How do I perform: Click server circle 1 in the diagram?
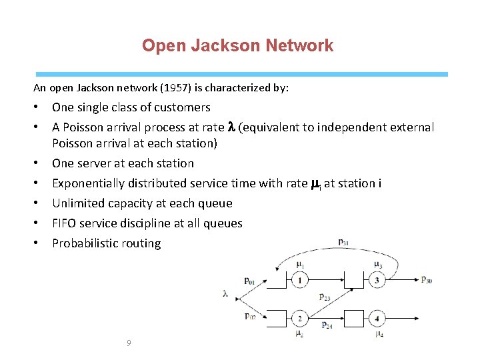tap(300, 281)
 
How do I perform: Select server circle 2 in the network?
tap(300, 318)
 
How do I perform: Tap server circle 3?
tap(377, 281)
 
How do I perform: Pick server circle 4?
tap(377, 318)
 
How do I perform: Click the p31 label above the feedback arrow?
tap(343, 242)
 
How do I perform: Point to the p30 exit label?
tap(426, 280)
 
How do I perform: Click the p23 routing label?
tap(325, 297)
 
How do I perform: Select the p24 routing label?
tap(327, 325)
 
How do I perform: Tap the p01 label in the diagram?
tap(249, 281)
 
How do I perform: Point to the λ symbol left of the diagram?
tap(225, 293)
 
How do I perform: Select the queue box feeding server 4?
tap(353, 318)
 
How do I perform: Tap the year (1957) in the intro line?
tap(183, 87)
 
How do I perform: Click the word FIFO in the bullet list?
tap(65, 223)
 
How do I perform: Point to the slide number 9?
tap(129, 343)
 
